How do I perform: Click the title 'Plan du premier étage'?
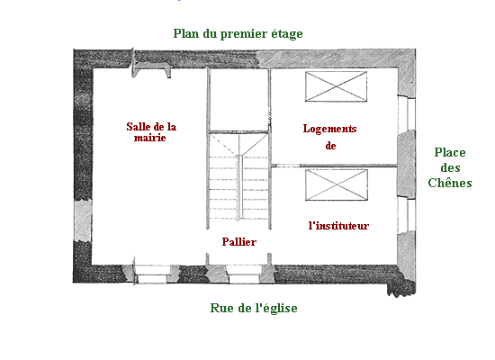pos(238,34)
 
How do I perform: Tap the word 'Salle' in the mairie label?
pos(138,127)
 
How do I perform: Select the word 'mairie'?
pos(150,138)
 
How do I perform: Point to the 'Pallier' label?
pos(239,242)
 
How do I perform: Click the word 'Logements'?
pos(330,129)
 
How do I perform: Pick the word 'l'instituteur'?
pos(338,226)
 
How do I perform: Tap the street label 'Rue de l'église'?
pos(254,308)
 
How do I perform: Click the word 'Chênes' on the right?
pos(450,183)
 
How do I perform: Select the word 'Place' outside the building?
pos(450,152)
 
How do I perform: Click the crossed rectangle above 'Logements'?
pos(336,86)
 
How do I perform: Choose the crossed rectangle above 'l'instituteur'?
pos(337,184)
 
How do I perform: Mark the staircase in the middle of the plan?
pos(238,180)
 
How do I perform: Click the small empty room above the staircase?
pos(238,99)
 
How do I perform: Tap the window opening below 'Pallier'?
pos(244,274)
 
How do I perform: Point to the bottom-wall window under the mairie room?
pos(153,274)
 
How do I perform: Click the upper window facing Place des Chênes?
pos(406,112)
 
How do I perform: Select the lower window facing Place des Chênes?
pos(406,215)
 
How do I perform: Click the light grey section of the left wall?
pos(83,220)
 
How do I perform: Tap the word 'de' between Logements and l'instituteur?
pos(330,146)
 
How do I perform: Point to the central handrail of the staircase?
pos(240,186)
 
